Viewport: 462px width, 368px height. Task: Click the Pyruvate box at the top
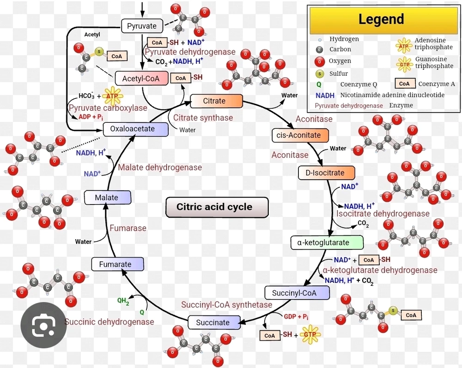point(142,26)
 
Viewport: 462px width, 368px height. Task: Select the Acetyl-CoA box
point(141,78)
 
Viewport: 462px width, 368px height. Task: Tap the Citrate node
point(217,101)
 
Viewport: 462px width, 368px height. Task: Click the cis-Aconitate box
point(300,135)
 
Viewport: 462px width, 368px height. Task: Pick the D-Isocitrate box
point(326,173)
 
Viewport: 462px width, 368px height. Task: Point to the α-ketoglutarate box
point(327,243)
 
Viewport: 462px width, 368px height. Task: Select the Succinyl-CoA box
point(297,293)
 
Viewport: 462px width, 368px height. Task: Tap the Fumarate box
point(117,265)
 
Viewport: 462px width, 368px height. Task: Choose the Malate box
point(108,198)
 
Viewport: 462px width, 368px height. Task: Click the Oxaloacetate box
point(135,129)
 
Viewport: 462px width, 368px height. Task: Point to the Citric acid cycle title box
point(217,207)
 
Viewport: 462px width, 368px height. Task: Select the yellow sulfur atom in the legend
point(319,73)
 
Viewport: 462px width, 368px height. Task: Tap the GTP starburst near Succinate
point(310,335)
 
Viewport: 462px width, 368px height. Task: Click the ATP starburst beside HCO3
point(112,96)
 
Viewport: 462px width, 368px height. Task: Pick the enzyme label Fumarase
point(128,228)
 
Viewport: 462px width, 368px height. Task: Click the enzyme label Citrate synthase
point(203,118)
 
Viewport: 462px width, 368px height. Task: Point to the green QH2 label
point(123,301)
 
